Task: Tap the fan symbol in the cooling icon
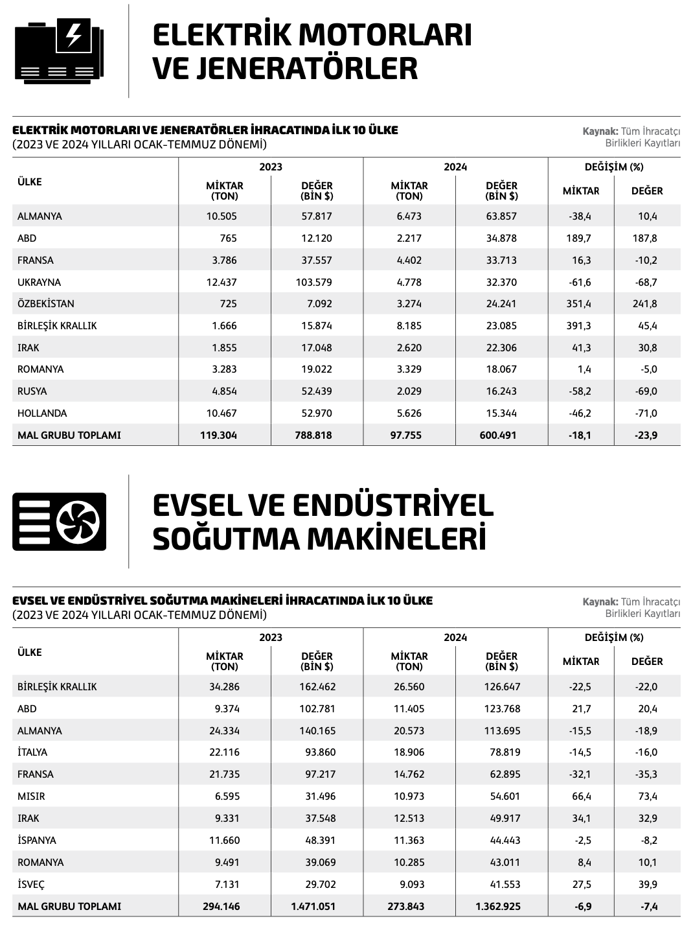[78, 521]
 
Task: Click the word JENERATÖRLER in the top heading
[284, 69]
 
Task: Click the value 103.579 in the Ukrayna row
[317, 282]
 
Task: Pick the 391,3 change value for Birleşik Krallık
[579, 325]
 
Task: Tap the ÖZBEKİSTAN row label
[45, 303]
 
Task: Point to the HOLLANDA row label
[42, 413]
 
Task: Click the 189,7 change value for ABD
[579, 238]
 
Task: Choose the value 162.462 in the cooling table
[317, 686]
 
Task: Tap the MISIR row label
[31, 796]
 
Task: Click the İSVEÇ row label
[31, 884]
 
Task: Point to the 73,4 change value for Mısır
[648, 796]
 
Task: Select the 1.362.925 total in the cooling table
[498, 906]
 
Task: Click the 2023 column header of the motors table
[271, 167]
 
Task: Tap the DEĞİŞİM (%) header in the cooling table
[614, 637]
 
